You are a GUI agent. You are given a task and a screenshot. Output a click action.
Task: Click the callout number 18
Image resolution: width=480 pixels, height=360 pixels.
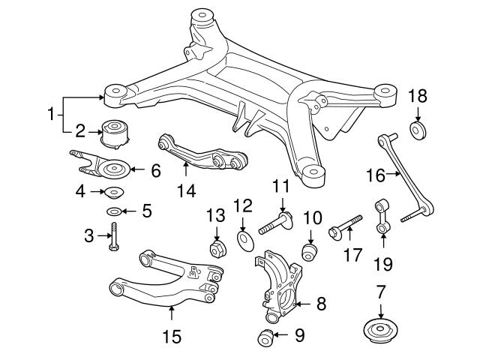(417, 97)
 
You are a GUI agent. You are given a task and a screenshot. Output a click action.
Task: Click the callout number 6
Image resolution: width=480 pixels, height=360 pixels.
(156, 170)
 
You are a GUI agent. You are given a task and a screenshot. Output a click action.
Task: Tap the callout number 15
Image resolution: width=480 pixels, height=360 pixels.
(172, 337)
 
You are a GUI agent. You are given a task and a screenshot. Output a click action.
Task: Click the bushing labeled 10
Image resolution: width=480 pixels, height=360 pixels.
(308, 250)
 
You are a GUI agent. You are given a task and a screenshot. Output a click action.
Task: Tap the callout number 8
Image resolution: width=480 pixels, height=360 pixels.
(320, 304)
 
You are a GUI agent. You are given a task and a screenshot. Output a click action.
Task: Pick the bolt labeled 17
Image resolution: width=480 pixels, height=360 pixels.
(344, 226)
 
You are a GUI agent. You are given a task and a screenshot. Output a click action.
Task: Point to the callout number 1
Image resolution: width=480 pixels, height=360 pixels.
(51, 115)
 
